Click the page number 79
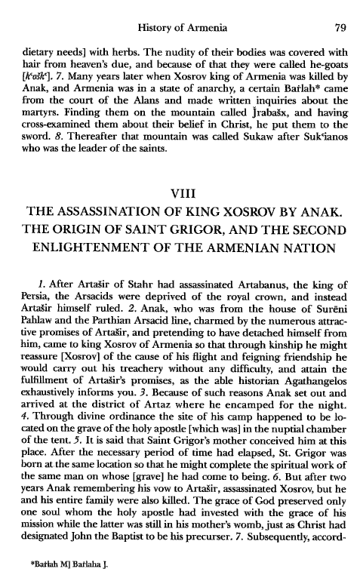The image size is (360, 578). (x=338, y=9)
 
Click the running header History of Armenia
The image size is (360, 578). (x=181, y=9)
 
